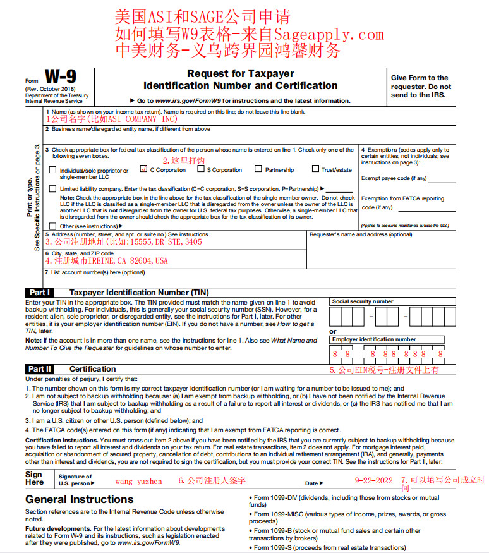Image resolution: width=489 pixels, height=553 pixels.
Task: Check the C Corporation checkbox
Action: tap(143, 169)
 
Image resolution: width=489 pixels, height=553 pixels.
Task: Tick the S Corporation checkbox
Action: tap(200, 169)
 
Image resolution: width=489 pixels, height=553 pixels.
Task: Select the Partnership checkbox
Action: tap(258, 169)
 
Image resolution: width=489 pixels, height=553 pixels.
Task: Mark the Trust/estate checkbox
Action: tap(315, 169)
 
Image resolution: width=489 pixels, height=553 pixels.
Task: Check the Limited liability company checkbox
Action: tap(52, 188)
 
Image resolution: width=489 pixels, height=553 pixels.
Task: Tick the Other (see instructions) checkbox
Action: tap(52, 225)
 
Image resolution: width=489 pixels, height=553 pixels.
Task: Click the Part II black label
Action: tap(40, 368)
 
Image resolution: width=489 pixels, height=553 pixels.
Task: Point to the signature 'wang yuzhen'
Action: tap(138, 482)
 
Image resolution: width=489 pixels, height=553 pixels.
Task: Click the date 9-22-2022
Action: tap(374, 481)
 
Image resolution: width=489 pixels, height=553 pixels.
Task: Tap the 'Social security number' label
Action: tap(363, 302)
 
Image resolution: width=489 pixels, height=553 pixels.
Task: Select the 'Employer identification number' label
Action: tap(374, 339)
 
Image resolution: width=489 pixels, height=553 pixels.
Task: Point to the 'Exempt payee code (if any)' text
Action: tap(394, 178)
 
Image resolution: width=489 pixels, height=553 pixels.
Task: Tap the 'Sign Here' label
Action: tap(34, 478)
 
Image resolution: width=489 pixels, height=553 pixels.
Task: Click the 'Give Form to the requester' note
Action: tap(421, 87)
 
